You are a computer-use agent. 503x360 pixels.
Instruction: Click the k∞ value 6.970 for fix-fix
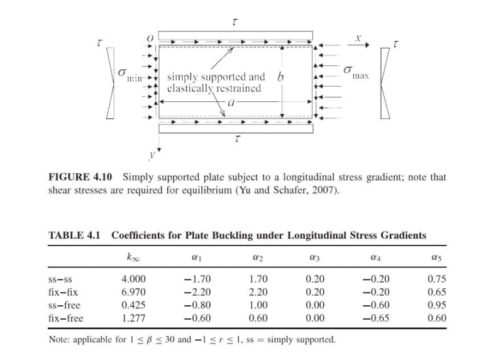pos(133,292)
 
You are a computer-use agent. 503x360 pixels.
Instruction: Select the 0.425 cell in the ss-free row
pos(133,305)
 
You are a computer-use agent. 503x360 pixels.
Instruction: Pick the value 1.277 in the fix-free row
pos(133,318)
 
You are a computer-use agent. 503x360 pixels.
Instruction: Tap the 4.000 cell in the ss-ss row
pos(133,279)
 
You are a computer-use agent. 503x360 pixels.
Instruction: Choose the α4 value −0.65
pos(377,318)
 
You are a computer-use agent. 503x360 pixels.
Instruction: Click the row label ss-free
pos(64,305)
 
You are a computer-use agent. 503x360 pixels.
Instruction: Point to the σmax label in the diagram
pos(355,72)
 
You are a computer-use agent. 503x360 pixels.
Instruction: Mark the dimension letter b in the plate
pos(280,77)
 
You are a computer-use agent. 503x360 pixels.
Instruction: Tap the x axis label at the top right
pos(357,38)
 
